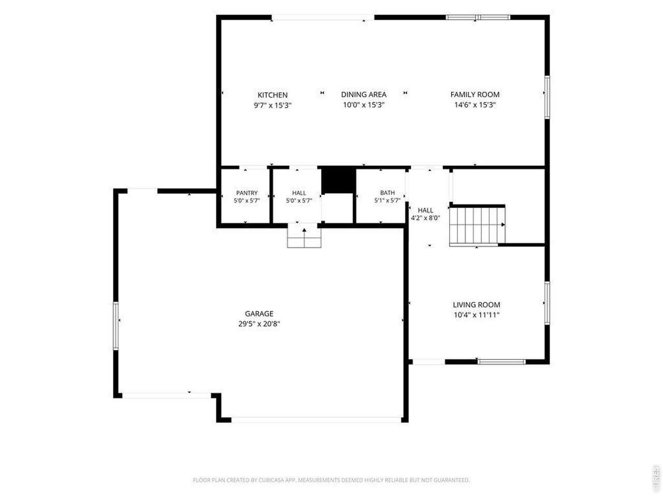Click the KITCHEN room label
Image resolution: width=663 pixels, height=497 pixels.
tap(272, 95)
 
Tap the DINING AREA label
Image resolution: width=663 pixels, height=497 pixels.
tap(364, 94)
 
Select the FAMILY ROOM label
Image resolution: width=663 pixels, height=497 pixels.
tap(475, 94)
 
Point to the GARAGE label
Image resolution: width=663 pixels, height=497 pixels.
tap(259, 314)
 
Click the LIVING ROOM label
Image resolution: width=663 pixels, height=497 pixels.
tap(477, 305)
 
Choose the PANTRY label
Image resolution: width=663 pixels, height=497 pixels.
tap(247, 193)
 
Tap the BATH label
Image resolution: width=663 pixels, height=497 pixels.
tap(387, 193)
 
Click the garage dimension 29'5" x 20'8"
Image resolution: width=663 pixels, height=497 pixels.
tap(259, 324)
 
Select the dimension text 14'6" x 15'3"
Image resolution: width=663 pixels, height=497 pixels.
tap(475, 105)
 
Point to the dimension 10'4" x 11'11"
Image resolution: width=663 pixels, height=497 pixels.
tap(477, 315)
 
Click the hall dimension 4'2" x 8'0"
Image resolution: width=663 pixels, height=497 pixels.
tap(425, 218)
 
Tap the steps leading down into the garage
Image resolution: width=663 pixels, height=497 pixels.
tap(304, 237)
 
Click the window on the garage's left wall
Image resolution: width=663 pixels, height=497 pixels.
tap(116, 326)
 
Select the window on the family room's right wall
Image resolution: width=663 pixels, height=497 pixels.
tap(547, 97)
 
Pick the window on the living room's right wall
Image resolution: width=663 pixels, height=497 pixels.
tap(547, 303)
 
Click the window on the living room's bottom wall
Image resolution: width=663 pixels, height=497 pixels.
tap(502, 362)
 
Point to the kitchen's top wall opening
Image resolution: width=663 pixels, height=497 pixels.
tap(323, 18)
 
